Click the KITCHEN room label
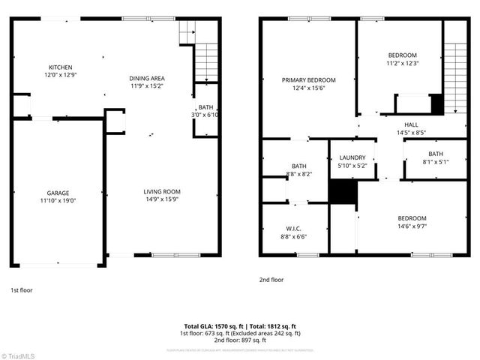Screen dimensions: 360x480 (x=61, y=67)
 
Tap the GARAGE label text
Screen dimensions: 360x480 (x=58, y=193)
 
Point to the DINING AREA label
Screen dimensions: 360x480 (x=147, y=78)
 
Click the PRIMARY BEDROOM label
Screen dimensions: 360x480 (x=308, y=80)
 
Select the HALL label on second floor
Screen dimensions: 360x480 (x=411, y=124)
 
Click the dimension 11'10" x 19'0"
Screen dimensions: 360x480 (x=58, y=200)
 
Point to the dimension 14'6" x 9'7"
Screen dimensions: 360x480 (x=412, y=225)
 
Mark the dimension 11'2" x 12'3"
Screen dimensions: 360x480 (x=402, y=63)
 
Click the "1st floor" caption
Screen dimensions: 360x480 (x=21, y=289)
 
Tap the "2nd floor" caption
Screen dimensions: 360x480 (x=271, y=279)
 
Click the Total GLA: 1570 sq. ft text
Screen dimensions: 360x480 (x=211, y=326)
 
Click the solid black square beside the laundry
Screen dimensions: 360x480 (x=340, y=193)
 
